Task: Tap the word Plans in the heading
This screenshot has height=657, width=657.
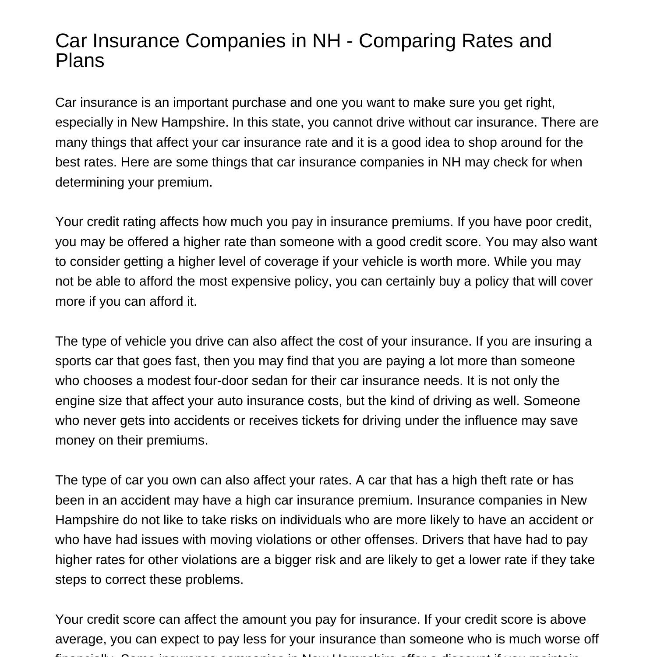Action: [80, 60]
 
